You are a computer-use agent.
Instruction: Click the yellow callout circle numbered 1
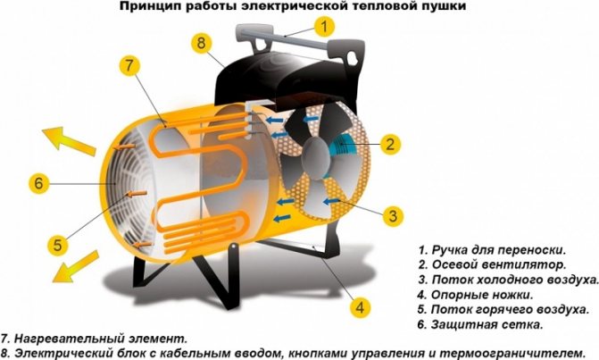[x=324, y=27]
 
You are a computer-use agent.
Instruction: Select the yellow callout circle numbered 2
[x=390, y=144]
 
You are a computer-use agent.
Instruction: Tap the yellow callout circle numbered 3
[x=393, y=216]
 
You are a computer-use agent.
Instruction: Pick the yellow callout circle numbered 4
[x=360, y=307]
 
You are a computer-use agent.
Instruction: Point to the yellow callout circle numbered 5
[x=58, y=245]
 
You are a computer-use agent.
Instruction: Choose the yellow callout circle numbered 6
[x=39, y=183]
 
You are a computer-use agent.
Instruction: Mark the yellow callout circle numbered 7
[x=129, y=66]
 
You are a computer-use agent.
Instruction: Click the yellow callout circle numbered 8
[x=202, y=43]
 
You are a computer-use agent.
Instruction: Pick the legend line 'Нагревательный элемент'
[x=95, y=339]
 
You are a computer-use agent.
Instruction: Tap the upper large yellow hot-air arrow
[x=69, y=140]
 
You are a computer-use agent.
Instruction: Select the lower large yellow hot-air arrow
[x=76, y=266]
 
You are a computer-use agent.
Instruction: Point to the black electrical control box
[x=288, y=77]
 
